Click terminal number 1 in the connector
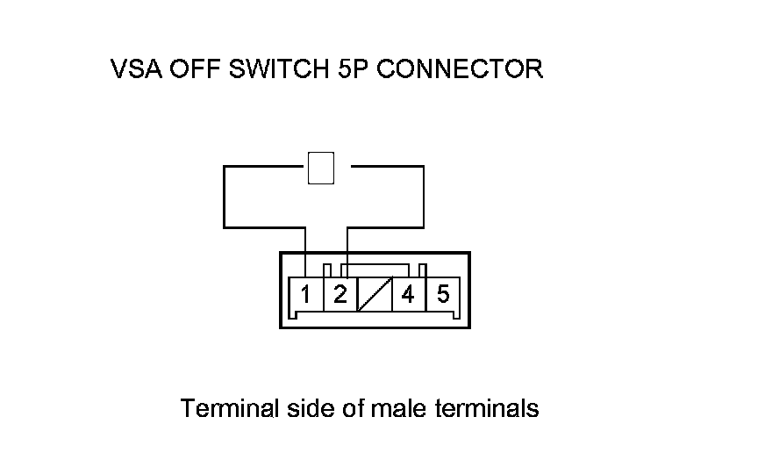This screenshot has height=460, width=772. [305, 294]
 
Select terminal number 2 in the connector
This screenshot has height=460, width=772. [340, 294]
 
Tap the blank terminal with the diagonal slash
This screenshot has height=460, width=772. [375, 294]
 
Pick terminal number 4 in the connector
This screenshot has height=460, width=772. [408, 294]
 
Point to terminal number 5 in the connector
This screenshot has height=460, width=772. [443, 294]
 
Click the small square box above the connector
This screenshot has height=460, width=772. [322, 168]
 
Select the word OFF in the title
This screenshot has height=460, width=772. [194, 69]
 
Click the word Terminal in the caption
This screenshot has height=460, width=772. [230, 409]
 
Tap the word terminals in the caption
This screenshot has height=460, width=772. [486, 409]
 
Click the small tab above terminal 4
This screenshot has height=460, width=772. [423, 270]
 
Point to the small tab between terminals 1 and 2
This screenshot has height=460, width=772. [327, 270]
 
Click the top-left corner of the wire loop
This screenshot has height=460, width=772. [225, 166]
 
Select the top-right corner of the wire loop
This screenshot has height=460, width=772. [424, 166]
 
